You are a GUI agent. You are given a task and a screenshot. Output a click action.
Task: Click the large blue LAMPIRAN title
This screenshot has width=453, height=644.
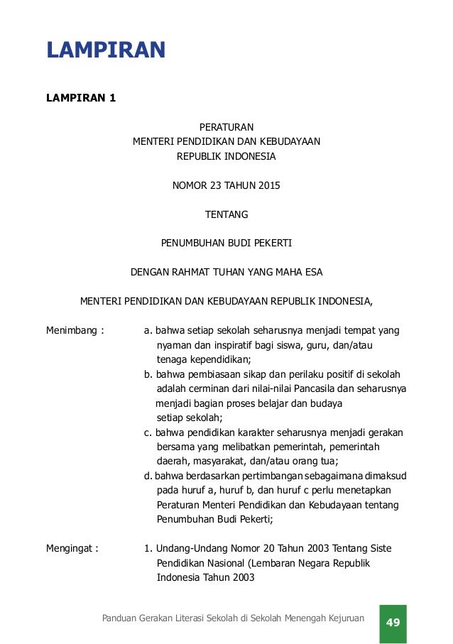(106, 51)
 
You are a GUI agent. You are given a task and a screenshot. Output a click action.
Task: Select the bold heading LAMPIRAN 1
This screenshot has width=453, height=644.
(81, 98)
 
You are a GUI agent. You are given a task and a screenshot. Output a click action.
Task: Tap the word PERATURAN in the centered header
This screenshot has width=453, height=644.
(226, 127)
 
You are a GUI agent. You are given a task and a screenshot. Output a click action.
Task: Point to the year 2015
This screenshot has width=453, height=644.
(269, 186)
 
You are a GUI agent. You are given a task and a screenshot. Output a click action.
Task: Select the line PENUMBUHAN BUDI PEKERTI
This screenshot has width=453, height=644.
(226, 243)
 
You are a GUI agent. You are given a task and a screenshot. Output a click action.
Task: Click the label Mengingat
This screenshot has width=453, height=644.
(69, 548)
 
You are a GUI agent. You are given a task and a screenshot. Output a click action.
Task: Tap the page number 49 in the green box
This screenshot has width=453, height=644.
(393, 623)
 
